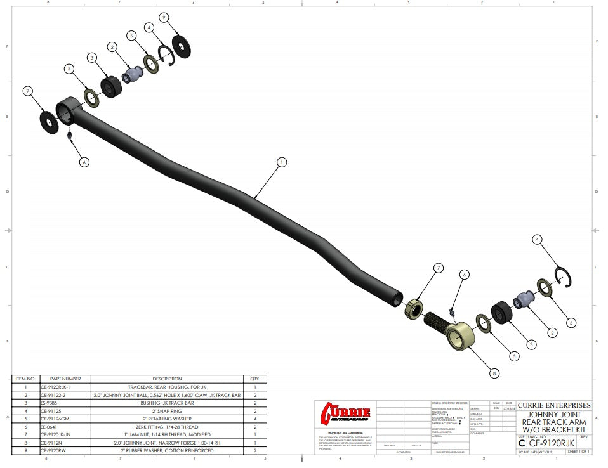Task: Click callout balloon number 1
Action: [281, 162]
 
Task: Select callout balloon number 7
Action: [438, 268]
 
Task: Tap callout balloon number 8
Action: [494, 374]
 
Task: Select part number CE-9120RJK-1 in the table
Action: [56, 387]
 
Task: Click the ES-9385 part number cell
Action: [50, 403]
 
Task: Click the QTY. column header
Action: [255, 379]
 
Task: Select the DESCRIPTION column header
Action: [167, 379]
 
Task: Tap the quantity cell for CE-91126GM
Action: [255, 419]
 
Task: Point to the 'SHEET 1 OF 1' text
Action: [579, 452]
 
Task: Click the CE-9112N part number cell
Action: [51, 443]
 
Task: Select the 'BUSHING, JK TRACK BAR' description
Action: [167, 403]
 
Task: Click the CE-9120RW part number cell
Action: [53, 451]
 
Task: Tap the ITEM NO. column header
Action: [25, 379]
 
